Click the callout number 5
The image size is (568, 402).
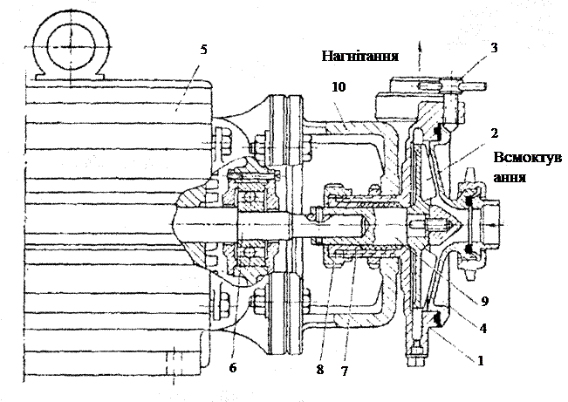pyautogui.click(x=203, y=50)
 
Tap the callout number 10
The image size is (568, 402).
pyautogui.click(x=339, y=87)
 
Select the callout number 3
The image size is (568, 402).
pyautogui.click(x=494, y=48)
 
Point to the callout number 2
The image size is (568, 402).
pyautogui.click(x=494, y=133)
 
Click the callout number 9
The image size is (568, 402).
pyautogui.click(x=485, y=301)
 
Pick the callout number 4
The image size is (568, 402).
pyautogui.click(x=482, y=328)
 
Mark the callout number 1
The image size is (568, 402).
pyautogui.click(x=481, y=360)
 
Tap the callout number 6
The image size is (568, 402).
pyautogui.click(x=233, y=368)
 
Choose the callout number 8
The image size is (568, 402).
pyautogui.click(x=320, y=370)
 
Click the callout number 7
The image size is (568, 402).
pyautogui.click(x=345, y=371)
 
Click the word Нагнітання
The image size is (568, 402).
pyautogui.click(x=360, y=56)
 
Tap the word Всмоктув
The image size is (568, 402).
pyautogui.click(x=527, y=158)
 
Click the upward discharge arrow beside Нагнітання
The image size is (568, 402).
pyautogui.click(x=420, y=56)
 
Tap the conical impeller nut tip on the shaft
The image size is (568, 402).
pyautogui.click(x=457, y=224)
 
